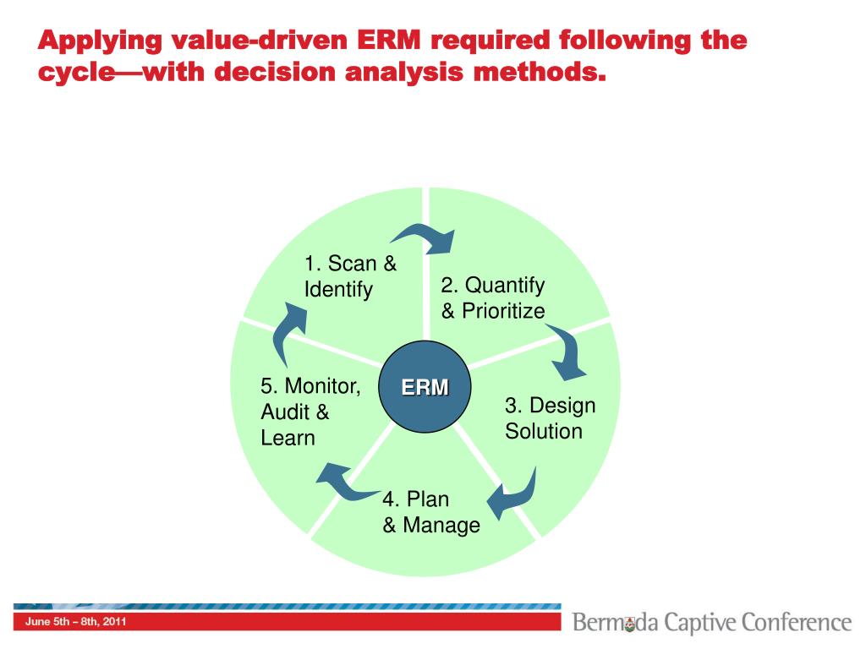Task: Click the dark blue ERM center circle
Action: (425, 388)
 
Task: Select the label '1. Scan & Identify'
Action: (350, 276)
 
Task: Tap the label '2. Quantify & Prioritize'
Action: (493, 298)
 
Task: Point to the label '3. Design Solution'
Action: (550, 418)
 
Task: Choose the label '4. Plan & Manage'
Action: (430, 512)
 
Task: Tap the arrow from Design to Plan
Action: (517, 493)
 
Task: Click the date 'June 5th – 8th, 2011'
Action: (76, 623)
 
